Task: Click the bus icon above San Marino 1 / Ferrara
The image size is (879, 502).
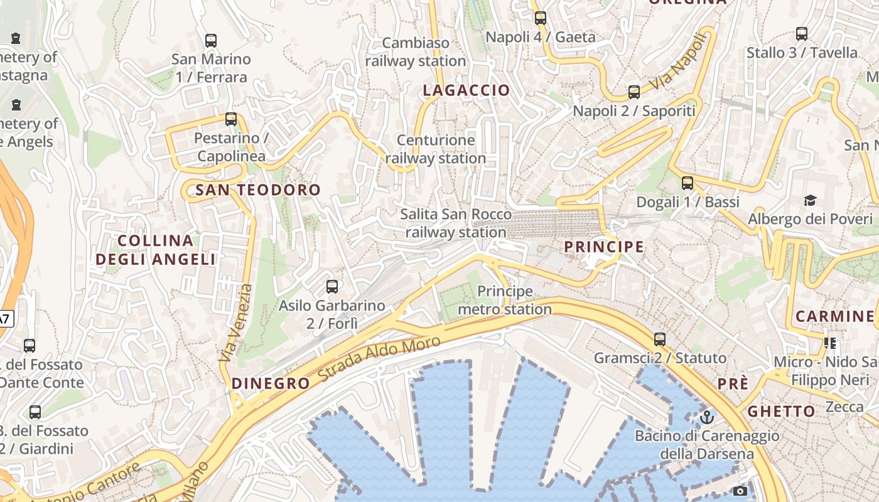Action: pos(211,41)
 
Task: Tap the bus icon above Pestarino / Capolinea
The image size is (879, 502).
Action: pos(231,119)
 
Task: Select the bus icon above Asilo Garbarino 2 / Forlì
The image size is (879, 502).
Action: pos(332,287)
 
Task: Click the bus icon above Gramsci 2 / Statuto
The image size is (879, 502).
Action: pos(660,339)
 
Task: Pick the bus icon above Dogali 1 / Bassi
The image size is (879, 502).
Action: pos(688,183)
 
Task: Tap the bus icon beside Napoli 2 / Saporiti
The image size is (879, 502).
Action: pos(634,92)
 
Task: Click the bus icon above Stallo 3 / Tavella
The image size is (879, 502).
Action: pos(802,34)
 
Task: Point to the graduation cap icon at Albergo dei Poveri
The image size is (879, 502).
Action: pos(811,200)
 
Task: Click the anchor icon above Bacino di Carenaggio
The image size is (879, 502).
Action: pos(708,417)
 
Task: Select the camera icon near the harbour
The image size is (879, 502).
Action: pos(740,491)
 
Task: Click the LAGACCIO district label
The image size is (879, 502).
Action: pos(466,90)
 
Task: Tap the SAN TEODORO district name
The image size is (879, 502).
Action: pos(258,190)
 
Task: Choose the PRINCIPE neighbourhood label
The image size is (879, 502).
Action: pos(604,247)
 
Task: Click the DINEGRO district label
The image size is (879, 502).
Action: pos(271,383)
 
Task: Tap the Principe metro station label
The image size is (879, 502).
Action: pos(505,300)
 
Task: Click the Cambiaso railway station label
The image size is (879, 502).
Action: pos(416,51)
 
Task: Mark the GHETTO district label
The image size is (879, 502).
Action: pos(781,412)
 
